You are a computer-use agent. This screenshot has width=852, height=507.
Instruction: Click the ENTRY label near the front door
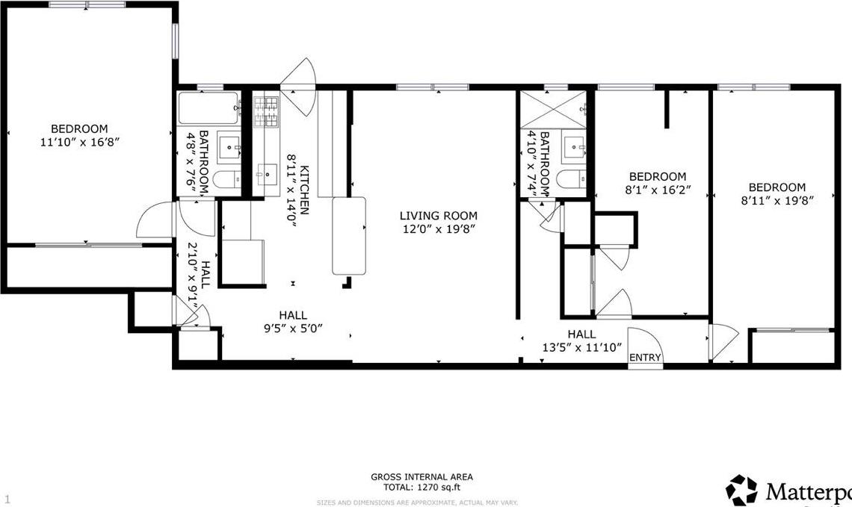(x=644, y=358)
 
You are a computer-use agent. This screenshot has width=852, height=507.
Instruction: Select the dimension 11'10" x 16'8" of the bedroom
(x=79, y=141)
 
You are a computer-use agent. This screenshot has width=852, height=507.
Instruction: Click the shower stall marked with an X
(x=553, y=109)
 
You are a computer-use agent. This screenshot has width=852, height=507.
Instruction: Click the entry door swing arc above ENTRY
(x=645, y=339)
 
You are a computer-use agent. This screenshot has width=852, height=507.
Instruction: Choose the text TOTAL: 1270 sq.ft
(x=422, y=487)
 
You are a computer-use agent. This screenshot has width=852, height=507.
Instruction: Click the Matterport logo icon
(x=741, y=490)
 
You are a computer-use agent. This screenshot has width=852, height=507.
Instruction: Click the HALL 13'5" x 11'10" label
(x=581, y=340)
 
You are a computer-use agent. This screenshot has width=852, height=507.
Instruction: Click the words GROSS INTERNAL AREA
(x=422, y=476)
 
